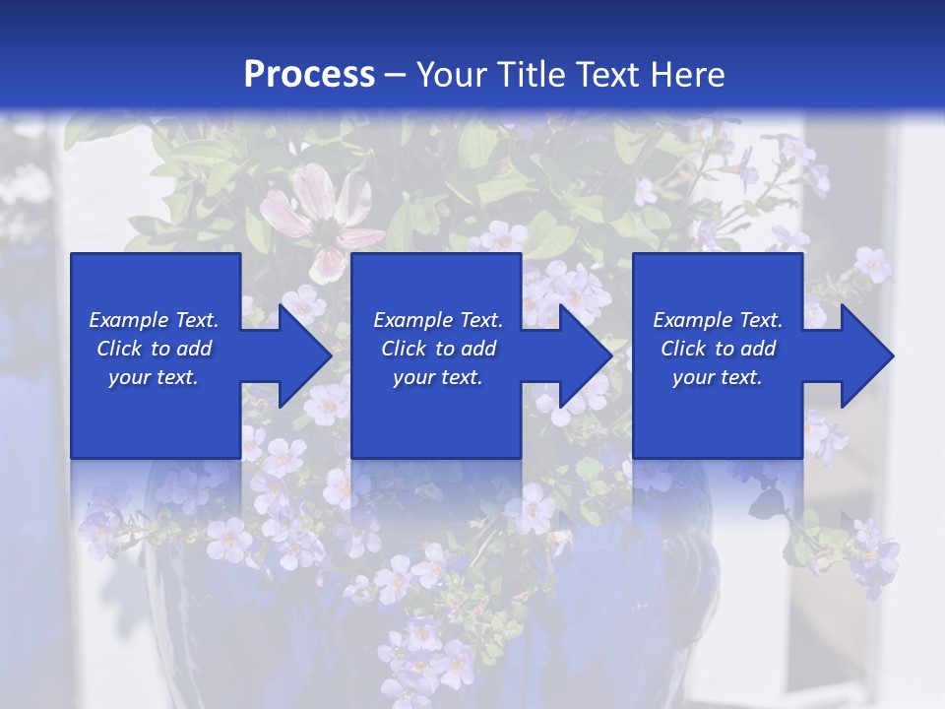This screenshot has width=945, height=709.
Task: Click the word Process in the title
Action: (309, 75)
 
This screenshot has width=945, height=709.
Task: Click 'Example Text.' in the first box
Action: (154, 320)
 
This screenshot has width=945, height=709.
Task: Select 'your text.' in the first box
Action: (154, 377)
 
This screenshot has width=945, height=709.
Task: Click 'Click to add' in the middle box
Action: (438, 349)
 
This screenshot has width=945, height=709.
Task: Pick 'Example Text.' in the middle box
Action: (438, 320)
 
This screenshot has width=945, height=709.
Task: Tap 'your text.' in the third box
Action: (718, 377)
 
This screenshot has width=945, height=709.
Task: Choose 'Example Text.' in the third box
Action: (718, 320)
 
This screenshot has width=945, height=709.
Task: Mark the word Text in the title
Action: (606, 75)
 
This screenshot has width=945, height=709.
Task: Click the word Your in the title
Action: (452, 75)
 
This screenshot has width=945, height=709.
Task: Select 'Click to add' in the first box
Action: (154, 349)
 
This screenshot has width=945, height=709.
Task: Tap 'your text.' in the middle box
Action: (438, 377)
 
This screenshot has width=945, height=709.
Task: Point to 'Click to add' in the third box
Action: (718, 349)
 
